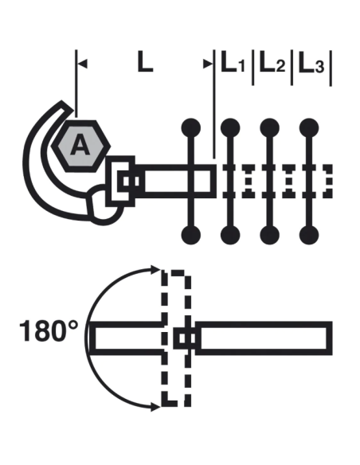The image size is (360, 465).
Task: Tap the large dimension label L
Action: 143,63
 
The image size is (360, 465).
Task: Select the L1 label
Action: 233,64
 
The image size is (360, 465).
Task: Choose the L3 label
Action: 312,64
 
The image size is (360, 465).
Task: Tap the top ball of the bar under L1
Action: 230,127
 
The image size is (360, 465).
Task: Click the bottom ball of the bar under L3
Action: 309,234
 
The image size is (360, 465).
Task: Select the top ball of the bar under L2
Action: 269,127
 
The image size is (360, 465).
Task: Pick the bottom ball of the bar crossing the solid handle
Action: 191,234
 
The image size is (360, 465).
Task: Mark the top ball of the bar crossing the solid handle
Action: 191,127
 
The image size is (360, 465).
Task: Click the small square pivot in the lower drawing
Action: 185,339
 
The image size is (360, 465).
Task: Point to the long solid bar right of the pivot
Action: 263,339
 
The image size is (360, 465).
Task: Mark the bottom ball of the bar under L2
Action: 269,234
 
